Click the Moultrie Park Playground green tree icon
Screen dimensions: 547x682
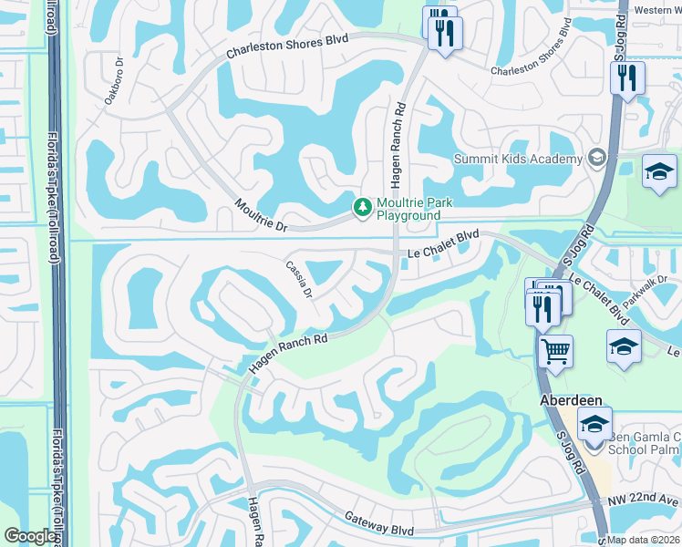[363, 208]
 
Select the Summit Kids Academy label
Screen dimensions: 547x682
[518, 159]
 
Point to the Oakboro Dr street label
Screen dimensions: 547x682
[113, 83]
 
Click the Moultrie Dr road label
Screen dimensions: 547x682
[261, 214]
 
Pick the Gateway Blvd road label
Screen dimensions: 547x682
[378, 523]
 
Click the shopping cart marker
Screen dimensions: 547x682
[555, 349]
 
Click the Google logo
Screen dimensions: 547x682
[30, 536]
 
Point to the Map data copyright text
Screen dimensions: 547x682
[644, 539]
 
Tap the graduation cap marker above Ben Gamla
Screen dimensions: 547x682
[594, 425]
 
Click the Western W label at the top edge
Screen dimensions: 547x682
[656, 10]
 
